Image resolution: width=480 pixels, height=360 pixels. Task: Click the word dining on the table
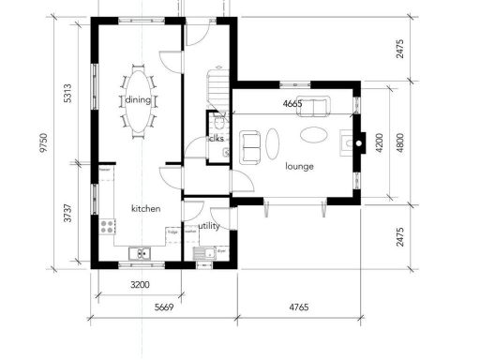click(139, 101)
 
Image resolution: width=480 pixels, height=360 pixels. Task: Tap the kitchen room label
click(146, 208)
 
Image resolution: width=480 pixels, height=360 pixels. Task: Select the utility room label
click(208, 226)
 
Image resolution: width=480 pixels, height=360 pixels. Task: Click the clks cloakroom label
click(216, 139)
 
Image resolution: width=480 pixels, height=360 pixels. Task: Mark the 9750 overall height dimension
click(40, 142)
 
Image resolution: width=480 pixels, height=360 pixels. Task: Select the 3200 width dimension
click(140, 284)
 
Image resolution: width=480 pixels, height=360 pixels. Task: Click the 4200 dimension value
click(380, 143)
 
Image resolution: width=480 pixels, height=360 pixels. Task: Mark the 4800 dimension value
click(400, 143)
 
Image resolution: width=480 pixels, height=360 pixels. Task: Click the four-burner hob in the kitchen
click(107, 226)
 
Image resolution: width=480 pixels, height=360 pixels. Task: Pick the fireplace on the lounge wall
click(352, 143)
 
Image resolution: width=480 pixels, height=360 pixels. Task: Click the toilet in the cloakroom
click(218, 121)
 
